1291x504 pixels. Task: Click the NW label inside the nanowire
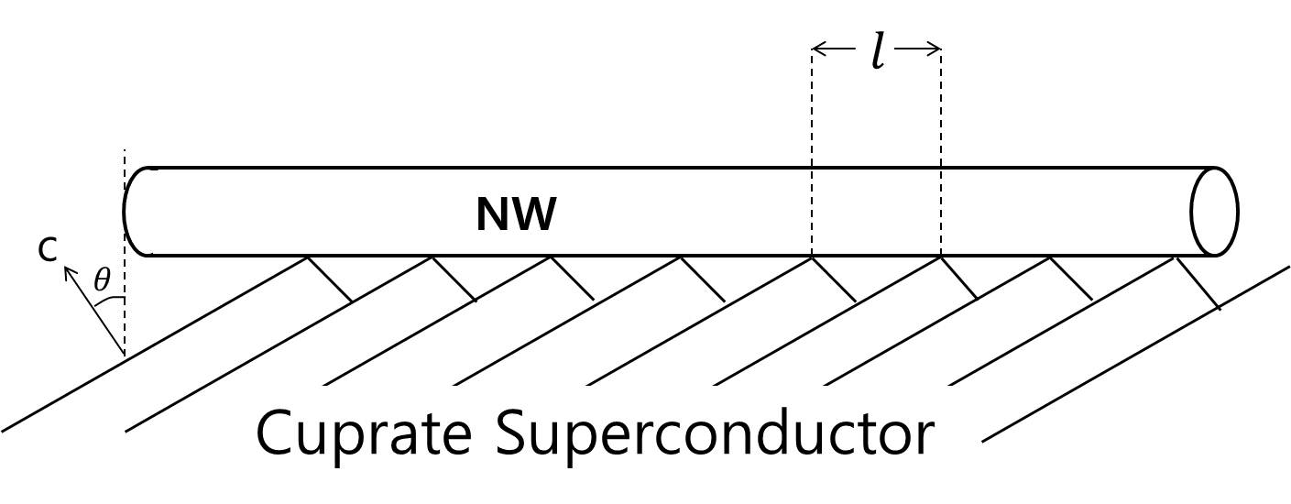[x=516, y=215]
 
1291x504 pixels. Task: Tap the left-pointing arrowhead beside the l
[x=818, y=50]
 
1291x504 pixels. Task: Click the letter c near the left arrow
[x=48, y=249]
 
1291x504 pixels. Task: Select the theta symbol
[x=101, y=280]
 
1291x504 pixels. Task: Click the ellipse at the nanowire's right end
[x=1214, y=212]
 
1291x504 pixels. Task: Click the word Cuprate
[x=362, y=433]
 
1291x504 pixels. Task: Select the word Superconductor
[x=715, y=433]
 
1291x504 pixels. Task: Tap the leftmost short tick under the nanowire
[x=329, y=279]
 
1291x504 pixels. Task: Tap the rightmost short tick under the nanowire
[x=1198, y=282]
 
